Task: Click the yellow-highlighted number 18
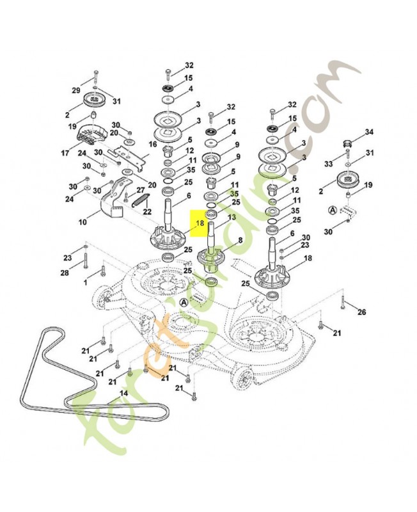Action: [x=200, y=223]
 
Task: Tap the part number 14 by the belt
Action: [x=124, y=393]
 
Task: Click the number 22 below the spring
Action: [x=148, y=212]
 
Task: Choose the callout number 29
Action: [x=75, y=90]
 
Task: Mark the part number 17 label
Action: [x=65, y=152]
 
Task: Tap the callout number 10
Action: [x=83, y=222]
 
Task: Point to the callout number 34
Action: [x=369, y=132]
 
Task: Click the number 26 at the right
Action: [x=361, y=312]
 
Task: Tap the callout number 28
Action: [x=65, y=272]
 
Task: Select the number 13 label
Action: [x=232, y=217]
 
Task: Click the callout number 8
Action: [x=240, y=240]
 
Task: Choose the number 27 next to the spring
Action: [x=140, y=189]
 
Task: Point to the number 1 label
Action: [x=86, y=282]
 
